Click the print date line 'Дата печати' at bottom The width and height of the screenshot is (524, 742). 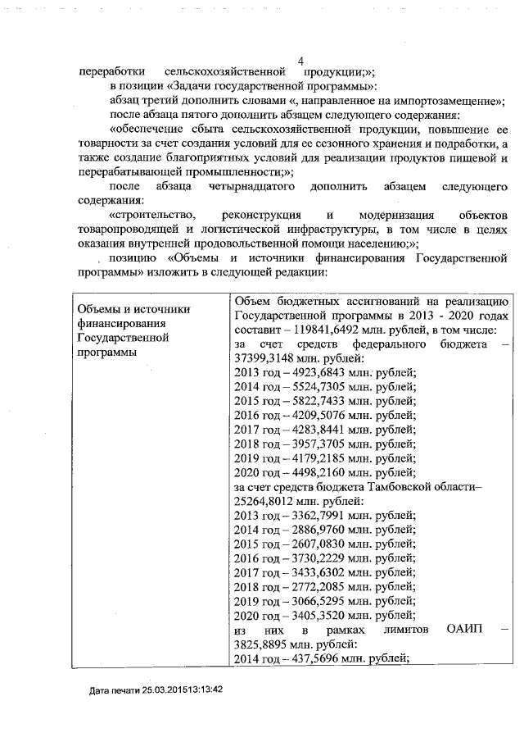[x=156, y=690]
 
